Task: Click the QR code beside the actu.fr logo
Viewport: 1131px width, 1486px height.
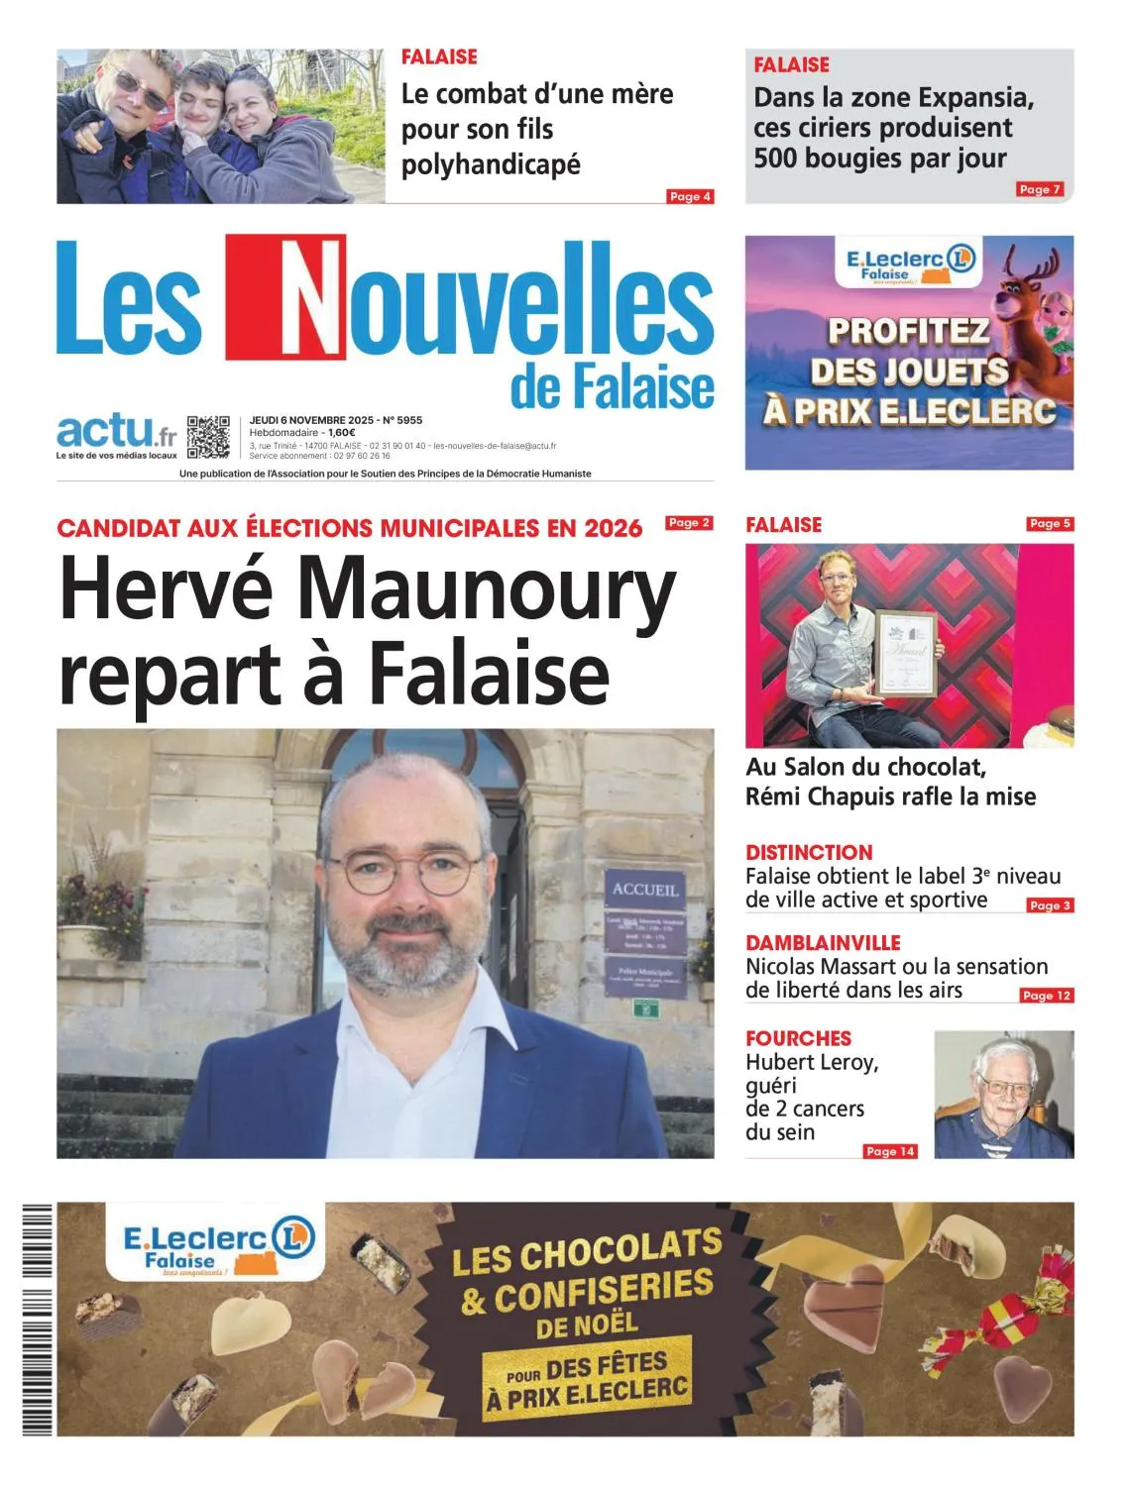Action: [x=208, y=436]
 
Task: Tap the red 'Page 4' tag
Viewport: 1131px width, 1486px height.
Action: [x=690, y=196]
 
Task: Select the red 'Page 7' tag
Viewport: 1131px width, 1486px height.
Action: [x=1040, y=189]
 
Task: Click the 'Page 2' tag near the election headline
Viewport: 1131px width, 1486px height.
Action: [x=689, y=522]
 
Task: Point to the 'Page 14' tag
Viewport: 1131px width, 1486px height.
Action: [x=890, y=1151]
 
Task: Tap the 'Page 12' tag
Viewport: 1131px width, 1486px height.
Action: [x=1047, y=996]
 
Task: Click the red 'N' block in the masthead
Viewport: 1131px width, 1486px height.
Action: [x=285, y=297]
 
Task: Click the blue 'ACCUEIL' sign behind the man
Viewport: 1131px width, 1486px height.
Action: [x=644, y=889]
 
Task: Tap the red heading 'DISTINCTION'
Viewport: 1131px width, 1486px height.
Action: [x=809, y=852]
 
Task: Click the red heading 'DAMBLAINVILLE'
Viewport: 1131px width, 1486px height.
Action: [x=823, y=942]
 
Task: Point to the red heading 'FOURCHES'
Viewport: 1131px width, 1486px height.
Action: [x=798, y=1038]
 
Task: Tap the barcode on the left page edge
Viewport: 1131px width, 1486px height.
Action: [x=37, y=1319]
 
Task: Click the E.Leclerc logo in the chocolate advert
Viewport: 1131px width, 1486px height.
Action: [x=210, y=1245]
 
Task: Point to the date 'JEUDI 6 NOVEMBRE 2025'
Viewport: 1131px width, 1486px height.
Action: [x=310, y=420]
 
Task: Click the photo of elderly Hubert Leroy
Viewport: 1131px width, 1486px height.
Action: [x=1003, y=1094]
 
